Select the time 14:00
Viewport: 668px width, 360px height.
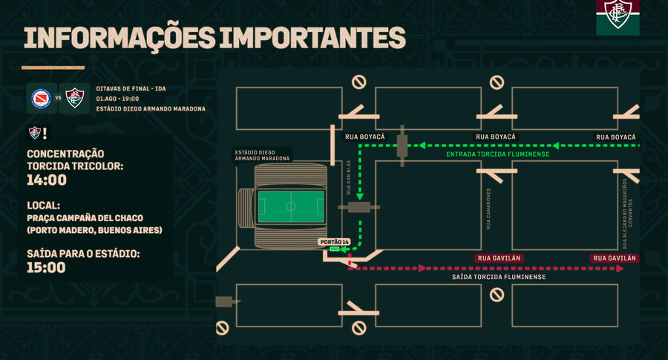[x=46, y=180]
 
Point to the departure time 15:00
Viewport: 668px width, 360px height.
[x=46, y=267]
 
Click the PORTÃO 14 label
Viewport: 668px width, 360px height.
[x=333, y=242]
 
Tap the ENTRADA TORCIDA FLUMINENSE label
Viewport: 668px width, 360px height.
[x=497, y=154]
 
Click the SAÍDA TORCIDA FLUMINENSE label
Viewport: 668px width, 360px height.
[x=499, y=277]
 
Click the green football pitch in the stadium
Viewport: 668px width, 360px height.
[x=290, y=206]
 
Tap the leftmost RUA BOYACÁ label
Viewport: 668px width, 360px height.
[x=364, y=137]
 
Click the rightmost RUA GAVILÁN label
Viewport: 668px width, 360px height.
[x=615, y=258]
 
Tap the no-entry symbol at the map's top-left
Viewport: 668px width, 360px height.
[x=358, y=82]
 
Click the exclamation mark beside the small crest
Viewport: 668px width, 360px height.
[x=45, y=133]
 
